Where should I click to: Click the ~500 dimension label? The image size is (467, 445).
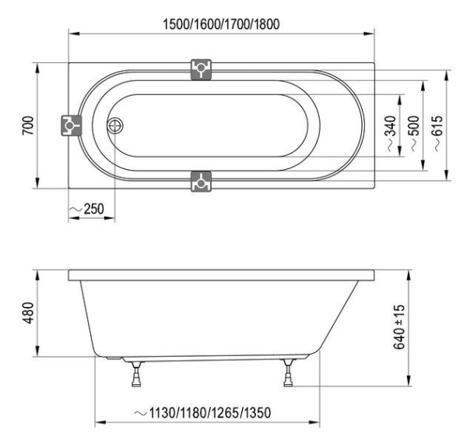[x=413, y=126]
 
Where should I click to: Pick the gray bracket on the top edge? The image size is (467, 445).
[x=202, y=69]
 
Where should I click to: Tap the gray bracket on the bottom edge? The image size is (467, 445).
[x=202, y=181]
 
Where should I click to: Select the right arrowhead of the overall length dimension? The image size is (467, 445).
[x=370, y=34]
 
